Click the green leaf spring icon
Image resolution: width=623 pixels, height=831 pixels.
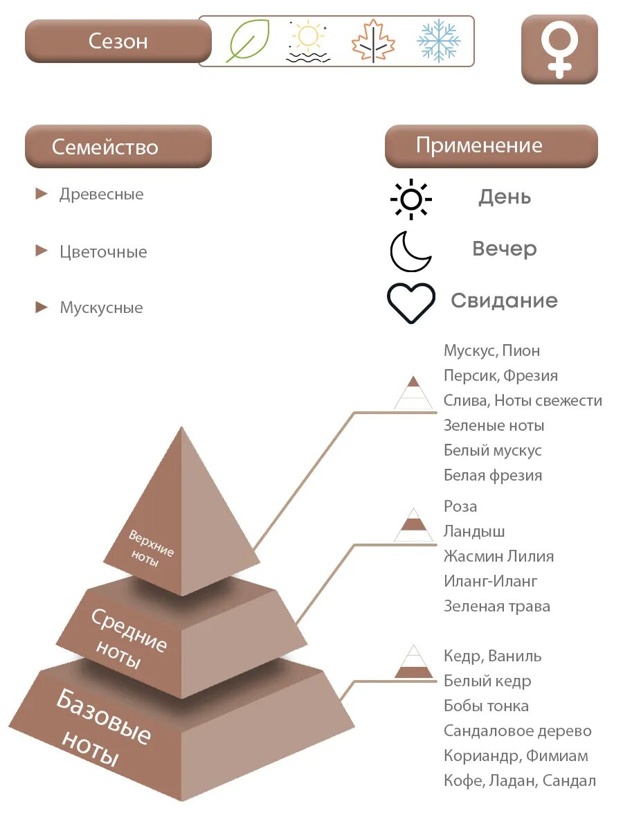click(248, 41)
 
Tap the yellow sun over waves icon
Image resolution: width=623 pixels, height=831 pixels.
click(308, 42)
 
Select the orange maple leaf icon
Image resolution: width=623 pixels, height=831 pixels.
click(372, 42)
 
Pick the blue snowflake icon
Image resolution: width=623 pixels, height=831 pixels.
click(438, 41)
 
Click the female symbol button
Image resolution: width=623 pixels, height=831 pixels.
click(559, 49)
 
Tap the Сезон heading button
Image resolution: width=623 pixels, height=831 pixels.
click(118, 41)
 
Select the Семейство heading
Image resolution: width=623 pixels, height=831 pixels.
click(118, 147)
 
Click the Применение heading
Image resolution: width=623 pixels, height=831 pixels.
click(491, 145)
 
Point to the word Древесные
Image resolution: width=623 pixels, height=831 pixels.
click(102, 194)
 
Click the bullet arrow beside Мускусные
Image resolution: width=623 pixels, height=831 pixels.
click(42, 307)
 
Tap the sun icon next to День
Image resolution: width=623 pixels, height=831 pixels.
click(411, 199)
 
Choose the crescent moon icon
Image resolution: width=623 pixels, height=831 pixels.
click(410, 251)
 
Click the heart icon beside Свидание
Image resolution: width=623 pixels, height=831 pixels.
click(411, 303)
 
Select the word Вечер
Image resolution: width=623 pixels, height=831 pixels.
click(504, 249)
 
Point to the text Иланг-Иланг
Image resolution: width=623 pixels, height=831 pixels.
click(491, 581)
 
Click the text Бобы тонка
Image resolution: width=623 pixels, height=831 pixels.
click(486, 706)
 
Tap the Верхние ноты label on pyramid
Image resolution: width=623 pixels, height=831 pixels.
click(151, 548)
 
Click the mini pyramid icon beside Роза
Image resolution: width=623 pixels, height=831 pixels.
click(413, 524)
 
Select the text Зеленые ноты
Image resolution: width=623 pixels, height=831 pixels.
click(494, 425)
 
